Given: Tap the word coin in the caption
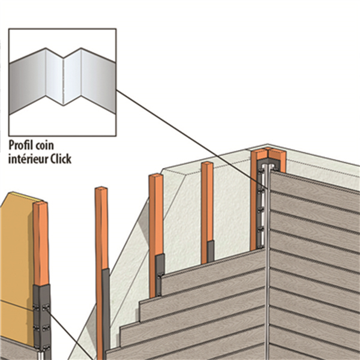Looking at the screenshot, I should pyautogui.click(x=53, y=145).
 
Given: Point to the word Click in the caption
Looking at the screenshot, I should pyautogui.click(x=68, y=159).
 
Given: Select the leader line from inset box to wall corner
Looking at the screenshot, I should pyautogui.click(x=180, y=133).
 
